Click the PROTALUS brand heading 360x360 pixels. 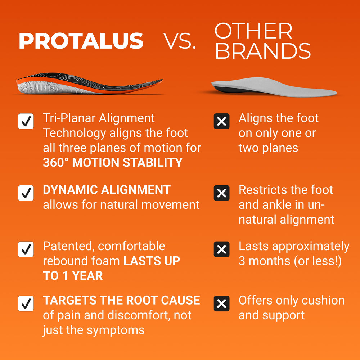coord(81,41)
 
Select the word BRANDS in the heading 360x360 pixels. coord(263,51)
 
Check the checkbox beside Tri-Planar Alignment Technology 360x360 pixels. coord(26,122)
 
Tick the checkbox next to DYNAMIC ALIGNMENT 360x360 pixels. coord(26,193)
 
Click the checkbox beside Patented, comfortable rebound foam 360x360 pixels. coord(26,249)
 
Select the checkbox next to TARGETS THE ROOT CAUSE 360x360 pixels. coord(26,303)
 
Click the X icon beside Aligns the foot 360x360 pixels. coord(222,121)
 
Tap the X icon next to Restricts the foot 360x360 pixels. coord(222,193)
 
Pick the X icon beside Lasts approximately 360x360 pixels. coord(222,249)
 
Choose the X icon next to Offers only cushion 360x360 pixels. coord(222,303)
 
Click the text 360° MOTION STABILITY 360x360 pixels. coord(113,163)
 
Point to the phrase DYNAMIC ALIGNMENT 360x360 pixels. coord(107,190)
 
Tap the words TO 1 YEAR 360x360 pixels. coord(73,276)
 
